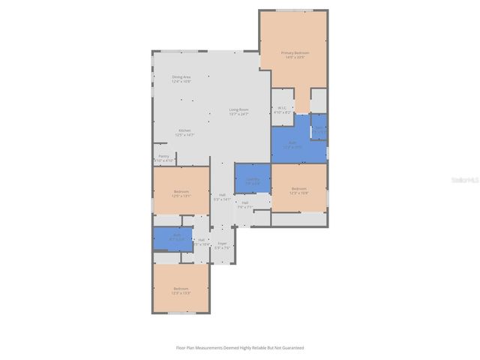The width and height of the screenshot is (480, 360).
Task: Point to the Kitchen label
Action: pos(184,133)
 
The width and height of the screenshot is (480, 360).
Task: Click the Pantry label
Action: pos(163,158)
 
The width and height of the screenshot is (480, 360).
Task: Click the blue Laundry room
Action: pos(253,179)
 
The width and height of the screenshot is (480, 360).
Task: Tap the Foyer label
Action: pos(222,245)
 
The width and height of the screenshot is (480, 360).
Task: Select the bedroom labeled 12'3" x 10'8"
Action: pos(298,190)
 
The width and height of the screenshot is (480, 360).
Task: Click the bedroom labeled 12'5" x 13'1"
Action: pos(181,193)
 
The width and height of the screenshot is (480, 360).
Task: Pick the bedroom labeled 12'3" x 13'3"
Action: pos(181,290)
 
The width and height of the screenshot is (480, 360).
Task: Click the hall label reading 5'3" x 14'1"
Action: pos(223,197)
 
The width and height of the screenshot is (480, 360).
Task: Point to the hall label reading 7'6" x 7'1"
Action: pos(244,205)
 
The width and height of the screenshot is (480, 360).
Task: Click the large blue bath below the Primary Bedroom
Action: pos(291,144)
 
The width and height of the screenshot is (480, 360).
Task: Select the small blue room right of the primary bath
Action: pos(319,128)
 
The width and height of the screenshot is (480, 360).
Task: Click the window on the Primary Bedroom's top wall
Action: pos(293,10)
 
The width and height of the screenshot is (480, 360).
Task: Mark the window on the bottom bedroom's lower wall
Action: pos(181,313)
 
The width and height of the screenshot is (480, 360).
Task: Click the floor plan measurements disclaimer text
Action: pos(240,347)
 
